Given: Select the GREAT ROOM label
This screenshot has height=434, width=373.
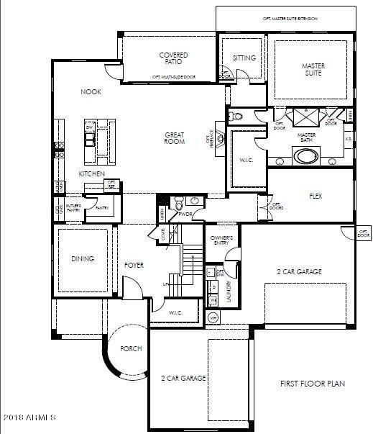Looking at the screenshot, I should click(175, 138).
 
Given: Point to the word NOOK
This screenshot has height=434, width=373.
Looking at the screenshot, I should click(90, 91).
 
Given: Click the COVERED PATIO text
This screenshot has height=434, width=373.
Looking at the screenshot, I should click(173, 58).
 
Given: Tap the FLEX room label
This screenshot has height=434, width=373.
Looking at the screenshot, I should click(315, 196).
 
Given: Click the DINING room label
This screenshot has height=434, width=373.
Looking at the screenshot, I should click(83, 259).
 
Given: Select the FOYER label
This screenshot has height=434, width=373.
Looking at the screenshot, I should click(134, 265).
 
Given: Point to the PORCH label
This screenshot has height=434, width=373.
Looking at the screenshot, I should click(132, 348).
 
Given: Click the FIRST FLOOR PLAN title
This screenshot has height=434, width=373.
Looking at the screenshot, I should click(312, 384).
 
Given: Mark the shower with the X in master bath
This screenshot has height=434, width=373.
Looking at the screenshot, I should click(308, 117).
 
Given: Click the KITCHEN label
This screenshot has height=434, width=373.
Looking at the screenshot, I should click(92, 174).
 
